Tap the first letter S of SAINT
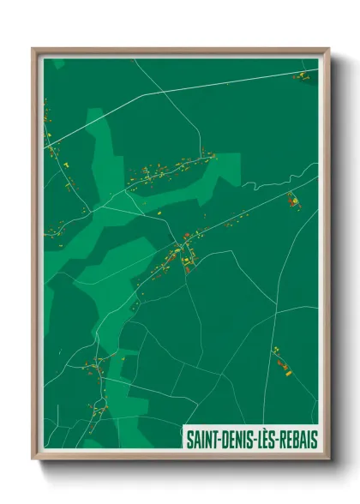190,440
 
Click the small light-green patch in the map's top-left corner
57,63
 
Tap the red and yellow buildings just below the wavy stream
294,202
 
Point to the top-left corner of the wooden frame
34,49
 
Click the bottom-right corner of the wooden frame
328,461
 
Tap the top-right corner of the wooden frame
328,49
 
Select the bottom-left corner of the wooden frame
34,461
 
